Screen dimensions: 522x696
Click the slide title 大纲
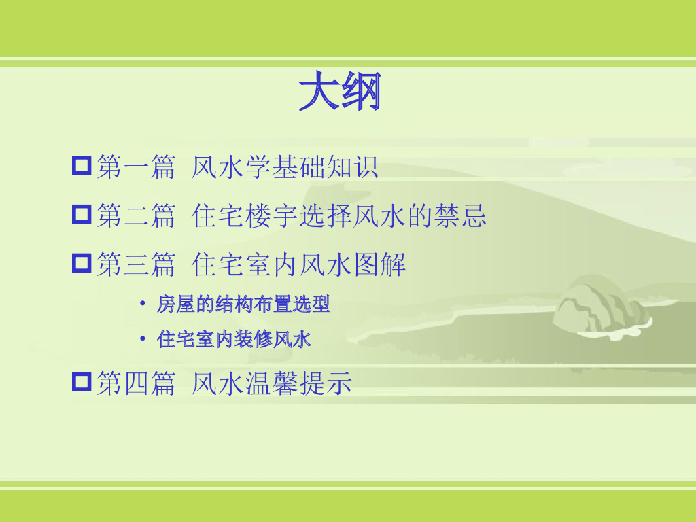pyautogui.click(x=339, y=92)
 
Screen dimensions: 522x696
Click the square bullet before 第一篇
pyautogui.click(x=82, y=166)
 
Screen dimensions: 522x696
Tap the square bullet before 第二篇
pyautogui.click(x=82, y=215)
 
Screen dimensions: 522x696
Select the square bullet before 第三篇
pyautogui.click(x=82, y=263)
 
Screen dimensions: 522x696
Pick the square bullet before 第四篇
pyautogui.click(x=82, y=382)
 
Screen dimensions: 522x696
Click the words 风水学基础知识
pyautogui.click(x=284, y=167)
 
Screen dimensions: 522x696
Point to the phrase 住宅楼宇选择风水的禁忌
pyautogui.click(x=339, y=215)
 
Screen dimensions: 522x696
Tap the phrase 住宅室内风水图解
pyautogui.click(x=299, y=264)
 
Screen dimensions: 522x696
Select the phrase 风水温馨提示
pyautogui.click(x=271, y=383)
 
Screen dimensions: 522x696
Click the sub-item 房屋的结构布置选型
pyautogui.click(x=243, y=304)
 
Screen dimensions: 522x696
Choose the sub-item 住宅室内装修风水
pyautogui.click(x=234, y=339)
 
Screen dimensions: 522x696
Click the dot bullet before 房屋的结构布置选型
pyautogui.click(x=142, y=304)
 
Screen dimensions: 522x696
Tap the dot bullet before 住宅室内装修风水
pyautogui.click(x=142, y=338)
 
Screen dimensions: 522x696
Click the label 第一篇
pyautogui.click(x=136, y=167)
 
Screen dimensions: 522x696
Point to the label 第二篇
pyautogui.click(x=136, y=215)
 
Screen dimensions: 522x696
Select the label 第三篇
pyautogui.click(x=136, y=264)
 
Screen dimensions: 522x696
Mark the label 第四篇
pyautogui.click(x=136, y=383)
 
